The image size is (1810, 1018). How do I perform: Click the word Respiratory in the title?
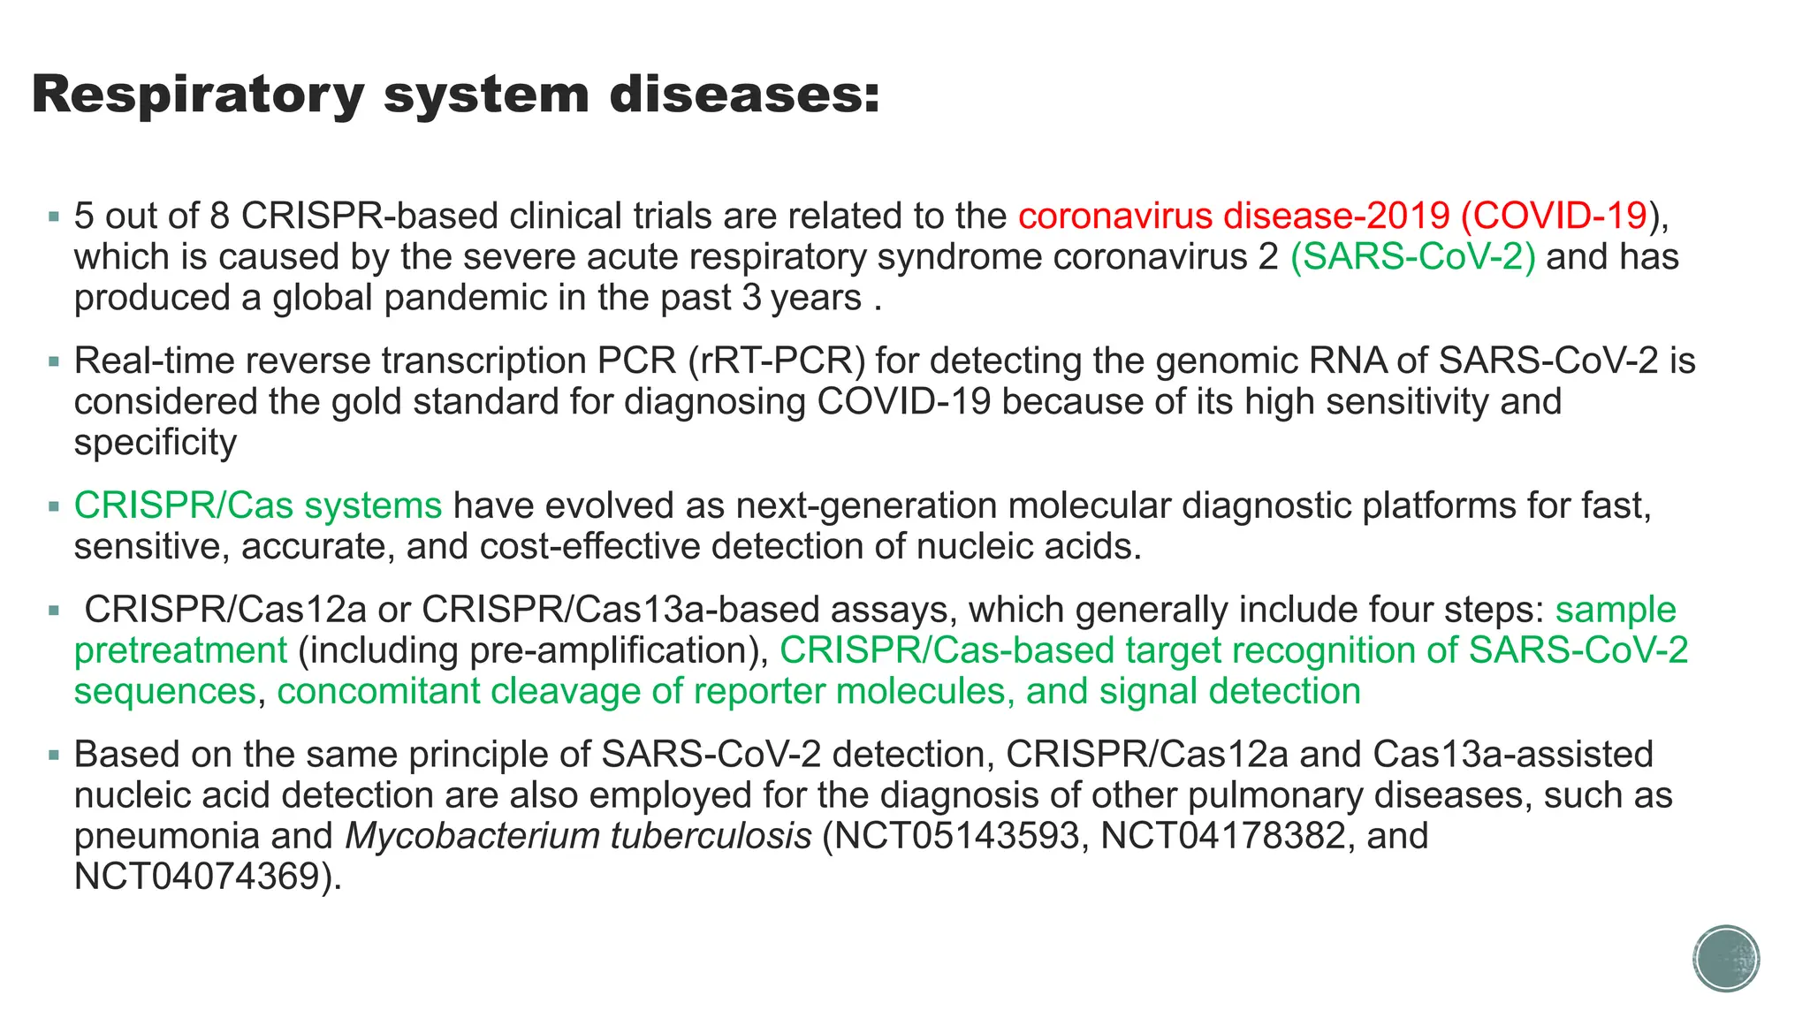pyautogui.click(x=197, y=95)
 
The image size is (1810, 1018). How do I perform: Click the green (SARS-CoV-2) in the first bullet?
pyautogui.click(x=1412, y=257)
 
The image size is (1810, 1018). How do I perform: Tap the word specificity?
pyautogui.click(x=156, y=442)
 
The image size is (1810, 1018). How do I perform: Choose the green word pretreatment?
pyautogui.click(x=180, y=650)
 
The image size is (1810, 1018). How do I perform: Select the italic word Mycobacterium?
pyautogui.click(x=472, y=836)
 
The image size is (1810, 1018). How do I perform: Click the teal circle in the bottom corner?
pyautogui.click(x=1726, y=959)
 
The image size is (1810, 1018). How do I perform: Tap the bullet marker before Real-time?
pyautogui.click(x=55, y=361)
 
